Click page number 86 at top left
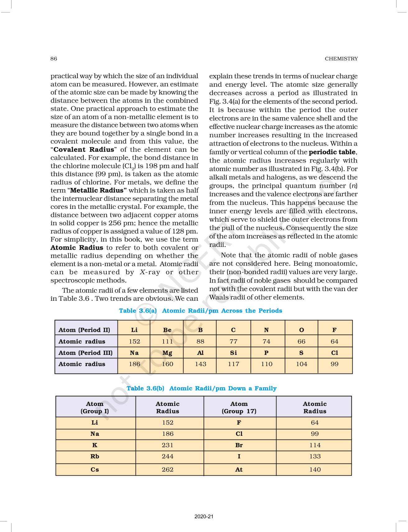(54, 59)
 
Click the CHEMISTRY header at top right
(341, 59)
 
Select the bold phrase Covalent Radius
(84, 149)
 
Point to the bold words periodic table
(332, 152)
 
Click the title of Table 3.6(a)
(200, 310)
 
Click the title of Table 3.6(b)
(201, 388)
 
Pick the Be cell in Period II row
(167, 330)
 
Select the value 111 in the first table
(167, 341)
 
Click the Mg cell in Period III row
(167, 353)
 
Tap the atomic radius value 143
(200, 364)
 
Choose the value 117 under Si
(233, 364)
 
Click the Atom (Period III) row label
(86, 353)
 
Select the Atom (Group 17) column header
(239, 407)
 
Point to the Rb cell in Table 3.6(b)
(95, 456)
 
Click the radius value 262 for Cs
(167, 469)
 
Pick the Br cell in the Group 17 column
(239, 445)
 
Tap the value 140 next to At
(315, 469)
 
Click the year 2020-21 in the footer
(204, 516)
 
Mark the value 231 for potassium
(167, 445)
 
